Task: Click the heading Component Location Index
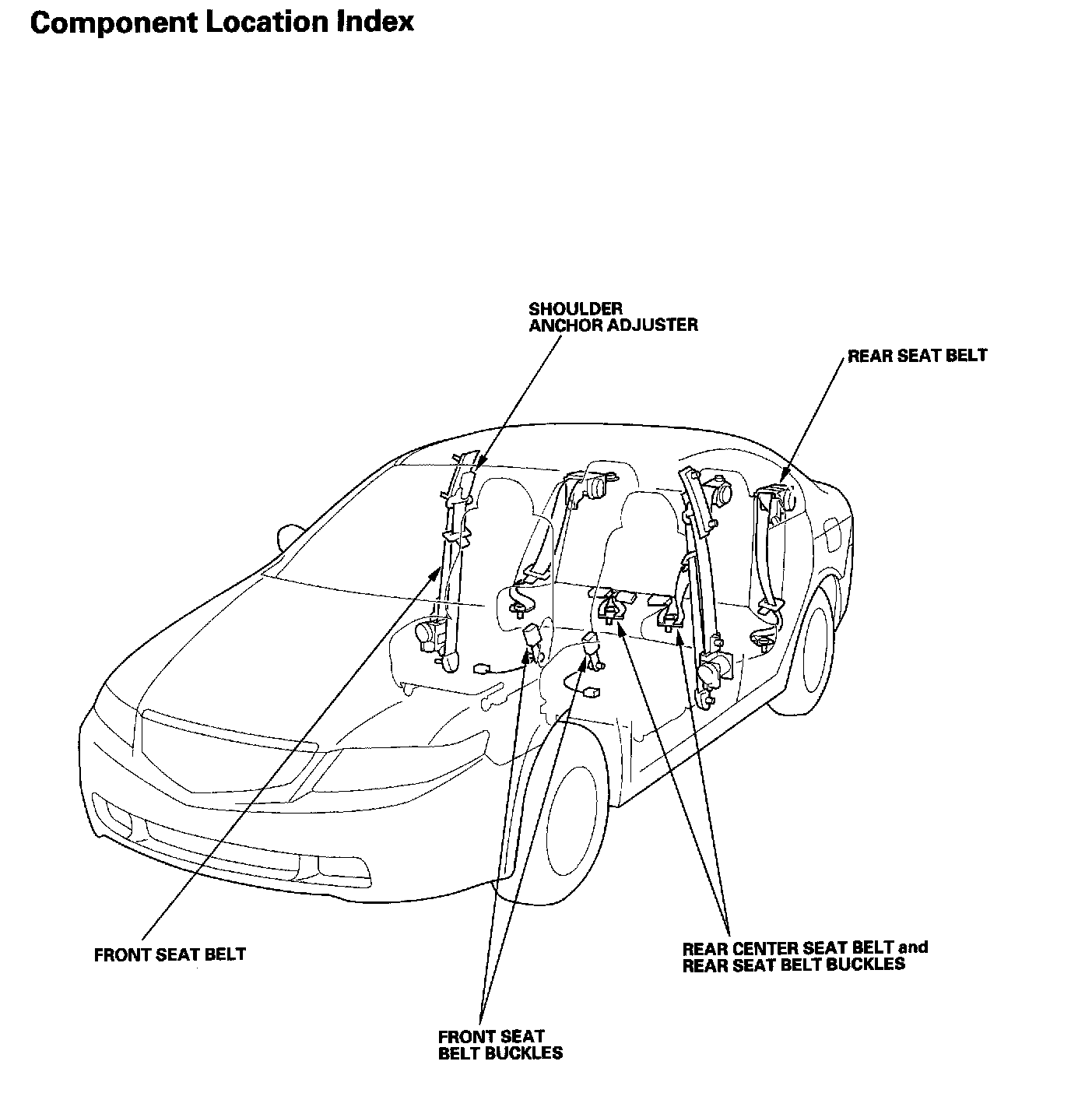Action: pyautogui.click(x=222, y=22)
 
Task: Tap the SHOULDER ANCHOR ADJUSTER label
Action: pyautogui.click(x=613, y=317)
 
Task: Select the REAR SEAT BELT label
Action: pyautogui.click(x=917, y=356)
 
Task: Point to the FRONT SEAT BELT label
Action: pyautogui.click(x=170, y=954)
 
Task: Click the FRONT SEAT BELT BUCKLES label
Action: pyautogui.click(x=500, y=1045)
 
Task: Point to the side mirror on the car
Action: pyautogui.click(x=289, y=536)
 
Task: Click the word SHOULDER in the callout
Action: pyautogui.click(x=575, y=309)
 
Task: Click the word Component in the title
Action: pyautogui.click(x=115, y=22)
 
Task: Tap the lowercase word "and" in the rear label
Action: pyautogui.click(x=912, y=947)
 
